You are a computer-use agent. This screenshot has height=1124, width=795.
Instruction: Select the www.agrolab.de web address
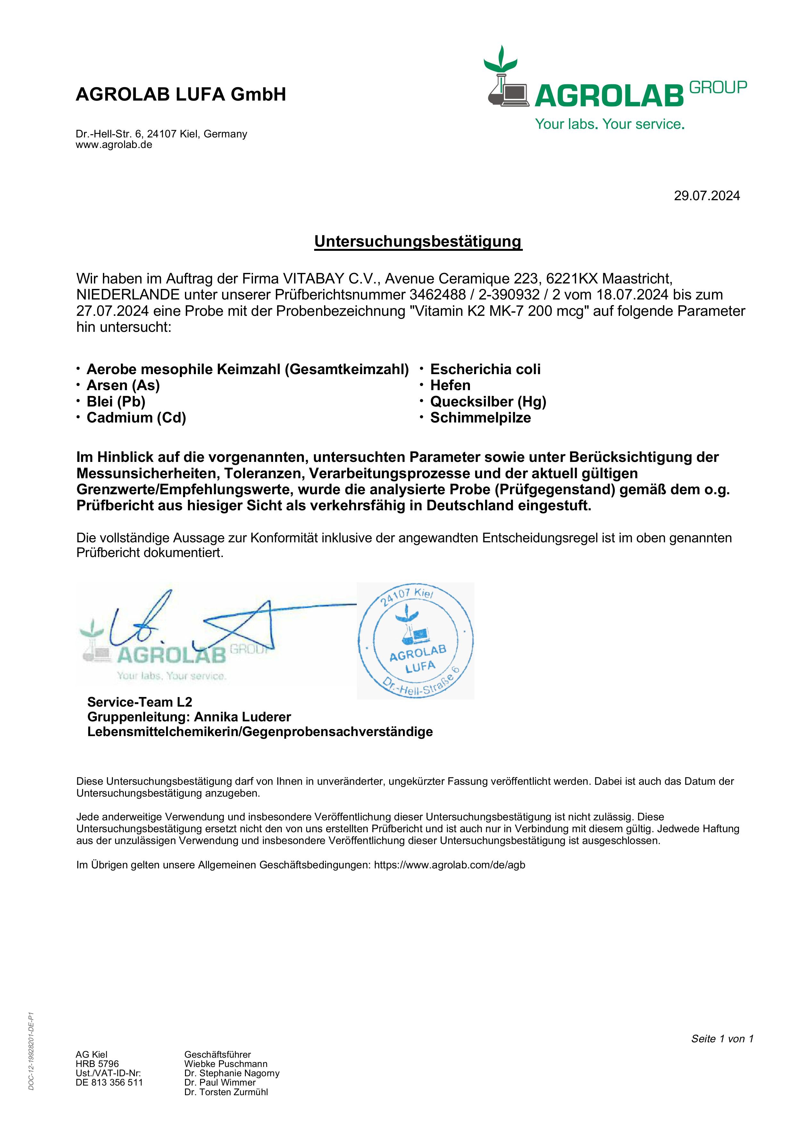tap(114, 145)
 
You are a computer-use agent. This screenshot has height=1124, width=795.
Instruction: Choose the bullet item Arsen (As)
tap(123, 385)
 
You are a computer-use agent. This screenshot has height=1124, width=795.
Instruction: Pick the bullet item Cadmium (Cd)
tap(136, 418)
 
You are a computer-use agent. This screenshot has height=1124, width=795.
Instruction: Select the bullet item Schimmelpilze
tap(480, 418)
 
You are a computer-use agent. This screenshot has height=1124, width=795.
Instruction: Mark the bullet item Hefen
tap(450, 385)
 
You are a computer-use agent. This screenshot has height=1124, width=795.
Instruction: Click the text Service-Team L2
tap(139, 702)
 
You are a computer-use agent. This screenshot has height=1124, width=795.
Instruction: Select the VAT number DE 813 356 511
tap(109, 1082)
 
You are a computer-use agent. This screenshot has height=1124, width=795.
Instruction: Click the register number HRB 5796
tap(97, 1064)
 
